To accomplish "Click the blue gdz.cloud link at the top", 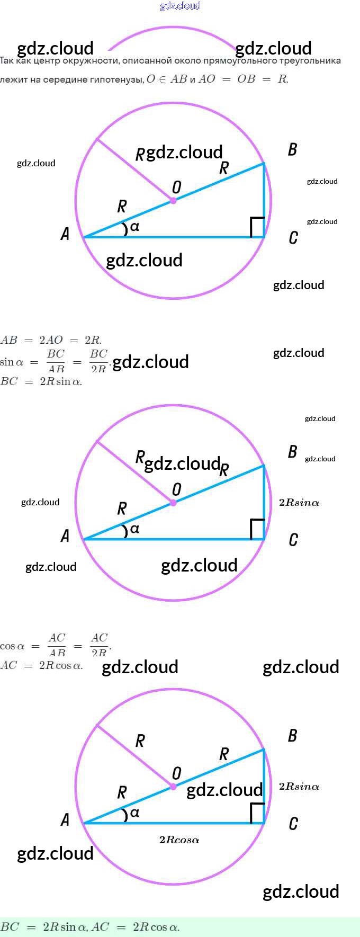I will click(180, 6).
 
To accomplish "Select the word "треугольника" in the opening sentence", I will click(310, 60).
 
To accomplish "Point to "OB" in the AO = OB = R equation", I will click(246, 79).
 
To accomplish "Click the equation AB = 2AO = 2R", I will click(51, 340).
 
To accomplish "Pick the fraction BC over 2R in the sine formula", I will click(98, 361).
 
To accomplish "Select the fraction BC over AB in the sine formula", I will click(56, 361).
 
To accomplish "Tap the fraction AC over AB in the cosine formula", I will click(57, 645).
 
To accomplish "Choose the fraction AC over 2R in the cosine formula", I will click(99, 645).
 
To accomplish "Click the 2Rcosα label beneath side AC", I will click(179, 840).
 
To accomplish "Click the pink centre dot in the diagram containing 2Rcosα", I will click(173, 787).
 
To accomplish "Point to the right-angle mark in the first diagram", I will click(257, 227).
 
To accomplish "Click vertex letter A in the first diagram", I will click(65, 234).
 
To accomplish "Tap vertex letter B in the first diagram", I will click(292, 150).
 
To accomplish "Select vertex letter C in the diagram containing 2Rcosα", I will click(293, 824).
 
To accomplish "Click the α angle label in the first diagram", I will click(134, 227).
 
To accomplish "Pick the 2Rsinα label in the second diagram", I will click(299, 503).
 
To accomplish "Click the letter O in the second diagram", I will click(177, 489).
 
